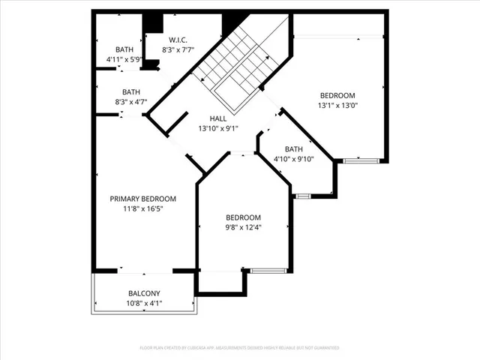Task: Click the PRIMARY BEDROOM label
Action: pyautogui.click(x=142, y=199)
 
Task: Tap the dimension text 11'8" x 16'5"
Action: pyautogui.click(x=142, y=208)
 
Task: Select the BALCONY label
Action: pyautogui.click(x=143, y=293)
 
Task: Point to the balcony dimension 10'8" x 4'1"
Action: pyautogui.click(x=143, y=303)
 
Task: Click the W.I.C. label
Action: pyautogui.click(x=178, y=40)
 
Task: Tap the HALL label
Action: pyautogui.click(x=218, y=118)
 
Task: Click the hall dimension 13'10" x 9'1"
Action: pyautogui.click(x=218, y=128)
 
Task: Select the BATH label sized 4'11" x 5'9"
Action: pyautogui.click(x=124, y=49)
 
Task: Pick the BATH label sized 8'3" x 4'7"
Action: pyautogui.click(x=131, y=92)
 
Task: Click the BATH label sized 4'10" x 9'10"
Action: pyautogui.click(x=294, y=148)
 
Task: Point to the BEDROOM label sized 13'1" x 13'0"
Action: pyautogui.click(x=337, y=95)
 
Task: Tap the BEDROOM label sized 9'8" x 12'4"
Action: pyautogui.click(x=244, y=217)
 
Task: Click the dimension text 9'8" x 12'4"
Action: pyautogui.click(x=244, y=227)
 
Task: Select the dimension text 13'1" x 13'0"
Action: pyautogui.click(x=337, y=105)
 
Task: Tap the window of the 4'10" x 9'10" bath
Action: pyautogui.click(x=302, y=196)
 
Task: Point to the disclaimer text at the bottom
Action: pyautogui.click(x=239, y=348)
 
